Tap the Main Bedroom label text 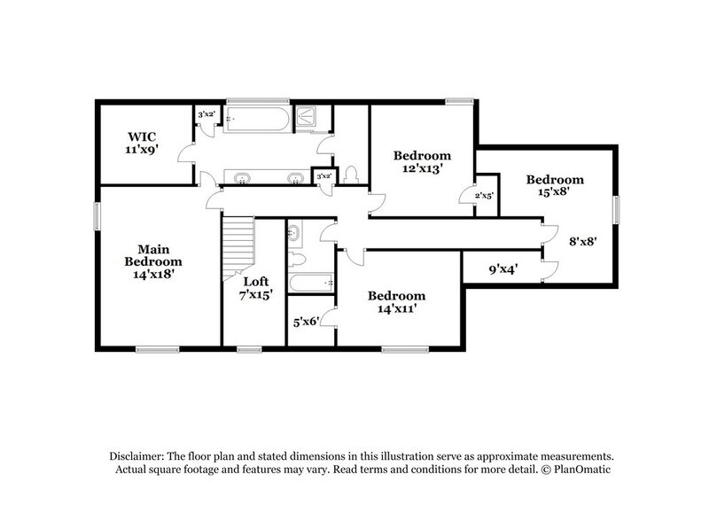point(153,261)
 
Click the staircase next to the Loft point(238,248)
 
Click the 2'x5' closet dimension point(485,195)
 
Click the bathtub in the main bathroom point(257,119)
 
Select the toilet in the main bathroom point(351,174)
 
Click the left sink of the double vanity point(241,178)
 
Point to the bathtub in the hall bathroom point(310,284)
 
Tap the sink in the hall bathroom point(295,235)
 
